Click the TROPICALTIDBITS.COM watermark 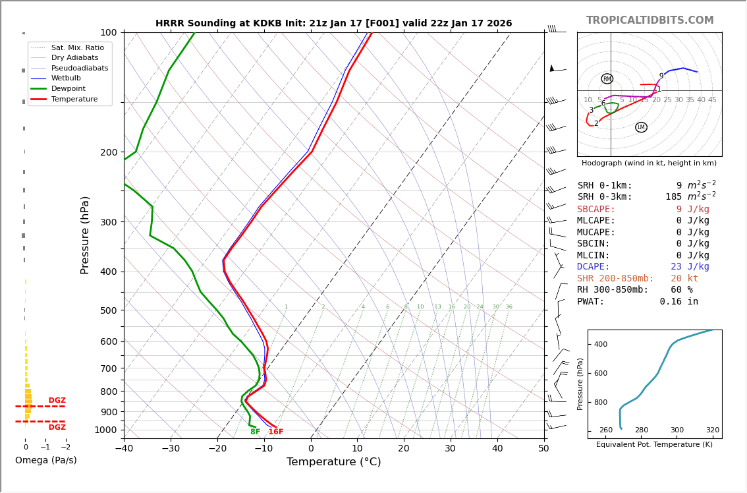click(x=650, y=20)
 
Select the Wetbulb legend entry click(x=80, y=78)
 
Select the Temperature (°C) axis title click(x=333, y=463)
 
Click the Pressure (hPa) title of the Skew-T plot click(x=85, y=235)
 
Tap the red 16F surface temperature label click(x=275, y=432)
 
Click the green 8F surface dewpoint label click(x=255, y=432)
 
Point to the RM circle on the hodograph click(x=607, y=79)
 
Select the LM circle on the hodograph click(x=641, y=127)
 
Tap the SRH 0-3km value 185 click(x=673, y=197)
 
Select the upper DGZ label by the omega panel click(x=57, y=401)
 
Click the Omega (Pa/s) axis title click(x=46, y=461)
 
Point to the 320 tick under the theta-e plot click(x=713, y=430)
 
